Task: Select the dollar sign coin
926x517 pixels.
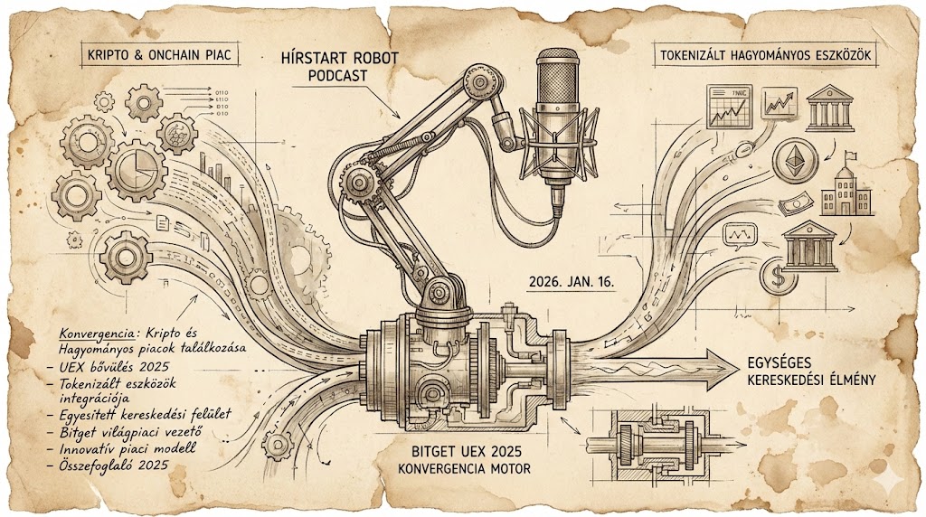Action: [x=776, y=275]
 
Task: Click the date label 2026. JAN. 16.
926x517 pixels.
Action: [x=571, y=282]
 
